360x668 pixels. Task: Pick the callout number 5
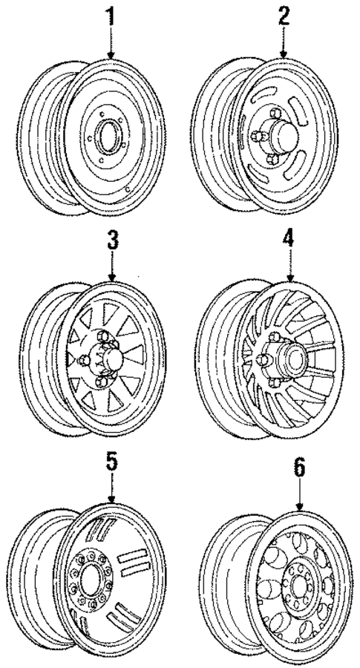click(x=110, y=462)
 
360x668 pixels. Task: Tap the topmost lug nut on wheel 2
click(x=273, y=114)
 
